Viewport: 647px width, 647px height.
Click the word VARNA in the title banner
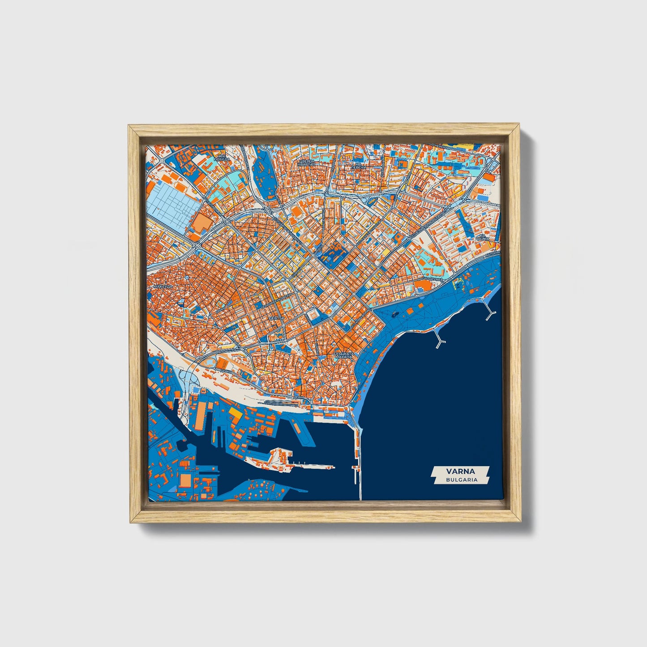460,471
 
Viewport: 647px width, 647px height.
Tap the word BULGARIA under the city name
461,480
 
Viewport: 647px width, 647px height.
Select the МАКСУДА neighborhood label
162,286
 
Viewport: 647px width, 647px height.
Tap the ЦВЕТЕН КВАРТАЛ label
307,163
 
